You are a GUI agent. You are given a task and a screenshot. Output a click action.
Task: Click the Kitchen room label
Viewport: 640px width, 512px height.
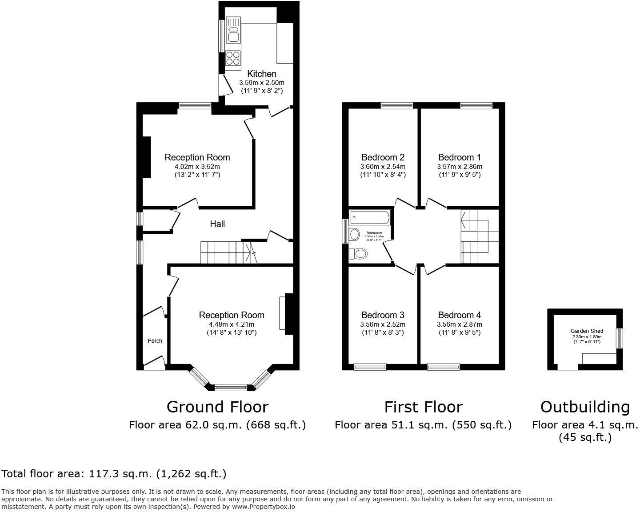(x=262, y=74)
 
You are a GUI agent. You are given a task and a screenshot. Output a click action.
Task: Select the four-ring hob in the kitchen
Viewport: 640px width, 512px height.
(x=233, y=57)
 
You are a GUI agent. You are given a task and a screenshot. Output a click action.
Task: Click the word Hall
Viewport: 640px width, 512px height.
(x=217, y=224)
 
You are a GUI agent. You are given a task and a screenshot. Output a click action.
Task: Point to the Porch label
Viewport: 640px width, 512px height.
(x=155, y=341)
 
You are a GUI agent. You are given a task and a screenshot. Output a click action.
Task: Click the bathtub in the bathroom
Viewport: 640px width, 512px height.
(x=370, y=217)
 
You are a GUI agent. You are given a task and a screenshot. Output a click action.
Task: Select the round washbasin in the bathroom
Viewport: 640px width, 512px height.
(x=354, y=234)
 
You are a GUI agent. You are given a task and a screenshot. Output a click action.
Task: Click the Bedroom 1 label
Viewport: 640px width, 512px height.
(x=459, y=157)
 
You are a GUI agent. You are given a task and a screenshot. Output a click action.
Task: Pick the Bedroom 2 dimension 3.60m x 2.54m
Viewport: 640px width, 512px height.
(x=383, y=167)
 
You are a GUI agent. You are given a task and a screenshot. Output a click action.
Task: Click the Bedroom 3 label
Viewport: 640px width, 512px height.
(x=383, y=315)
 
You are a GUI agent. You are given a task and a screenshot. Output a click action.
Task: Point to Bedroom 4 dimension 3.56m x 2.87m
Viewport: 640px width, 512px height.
(x=459, y=324)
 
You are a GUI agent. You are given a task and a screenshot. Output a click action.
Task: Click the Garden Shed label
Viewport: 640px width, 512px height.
(x=587, y=331)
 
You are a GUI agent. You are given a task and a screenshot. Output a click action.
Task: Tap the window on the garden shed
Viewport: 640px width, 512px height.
(x=619, y=339)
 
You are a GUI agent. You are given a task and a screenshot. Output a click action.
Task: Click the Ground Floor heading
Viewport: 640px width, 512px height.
(x=217, y=407)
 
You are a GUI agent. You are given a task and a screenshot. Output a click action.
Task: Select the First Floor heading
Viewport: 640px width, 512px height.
(x=423, y=407)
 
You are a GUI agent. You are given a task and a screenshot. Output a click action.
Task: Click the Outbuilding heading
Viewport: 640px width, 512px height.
(x=585, y=407)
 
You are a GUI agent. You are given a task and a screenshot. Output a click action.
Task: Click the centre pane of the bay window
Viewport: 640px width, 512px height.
(x=231, y=387)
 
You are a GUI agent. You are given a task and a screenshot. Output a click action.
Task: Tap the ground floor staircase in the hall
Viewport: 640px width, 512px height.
(x=227, y=252)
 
